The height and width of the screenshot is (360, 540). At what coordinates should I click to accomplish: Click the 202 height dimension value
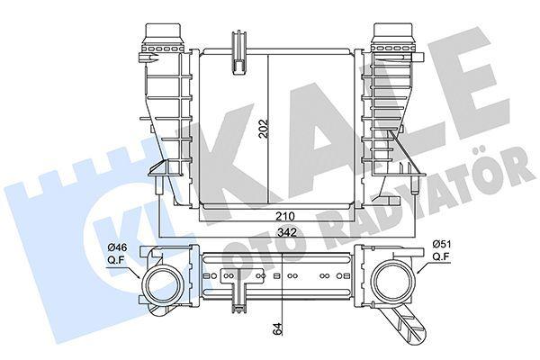(263, 129)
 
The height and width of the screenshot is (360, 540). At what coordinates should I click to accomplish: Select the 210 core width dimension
(284, 216)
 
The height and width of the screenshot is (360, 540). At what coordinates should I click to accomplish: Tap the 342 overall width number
(287, 232)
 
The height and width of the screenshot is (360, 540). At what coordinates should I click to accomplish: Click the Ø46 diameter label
(117, 247)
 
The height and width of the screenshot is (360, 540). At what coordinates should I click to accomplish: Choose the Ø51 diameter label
(442, 244)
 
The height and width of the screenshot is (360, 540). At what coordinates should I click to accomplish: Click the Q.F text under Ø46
(116, 260)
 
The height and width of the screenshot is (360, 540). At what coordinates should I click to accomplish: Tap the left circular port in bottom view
(161, 283)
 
